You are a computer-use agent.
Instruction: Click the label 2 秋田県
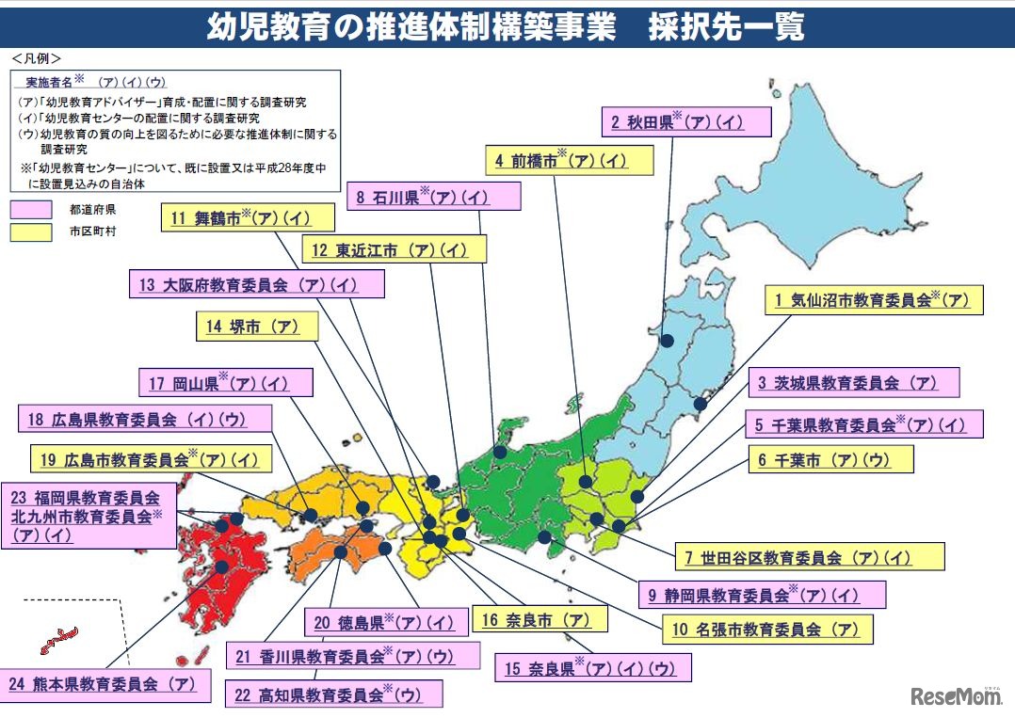[685, 121]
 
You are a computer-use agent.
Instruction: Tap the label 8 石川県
[433, 197]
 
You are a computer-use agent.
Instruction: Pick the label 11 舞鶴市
[248, 218]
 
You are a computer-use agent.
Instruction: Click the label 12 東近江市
[395, 249]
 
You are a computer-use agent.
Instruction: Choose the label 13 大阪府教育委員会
[256, 284]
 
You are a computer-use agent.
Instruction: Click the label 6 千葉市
[831, 459]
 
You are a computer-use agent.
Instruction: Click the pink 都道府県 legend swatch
[31, 209]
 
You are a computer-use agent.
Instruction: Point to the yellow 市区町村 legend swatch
[31, 231]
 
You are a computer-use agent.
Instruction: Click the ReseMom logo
[956, 696]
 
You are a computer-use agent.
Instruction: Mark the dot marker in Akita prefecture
[667, 342]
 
